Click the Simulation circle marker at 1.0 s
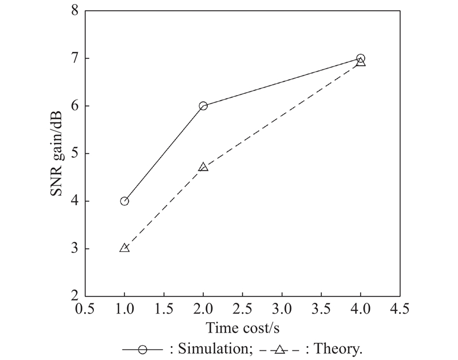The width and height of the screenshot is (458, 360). [x=124, y=201]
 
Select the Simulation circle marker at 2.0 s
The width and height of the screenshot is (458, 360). [x=203, y=106]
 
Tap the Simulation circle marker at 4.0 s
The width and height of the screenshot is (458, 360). [x=361, y=58]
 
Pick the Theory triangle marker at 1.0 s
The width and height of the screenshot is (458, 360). [x=124, y=248]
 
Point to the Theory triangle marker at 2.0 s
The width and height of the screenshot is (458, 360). [x=203, y=167]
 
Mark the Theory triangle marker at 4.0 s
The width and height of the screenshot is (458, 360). [x=361, y=62]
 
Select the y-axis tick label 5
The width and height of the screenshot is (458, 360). [x=74, y=153]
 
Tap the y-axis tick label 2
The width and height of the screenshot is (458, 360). [x=74, y=296]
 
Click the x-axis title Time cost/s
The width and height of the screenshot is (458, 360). [x=242, y=329]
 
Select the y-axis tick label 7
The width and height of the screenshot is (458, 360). [x=74, y=59]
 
